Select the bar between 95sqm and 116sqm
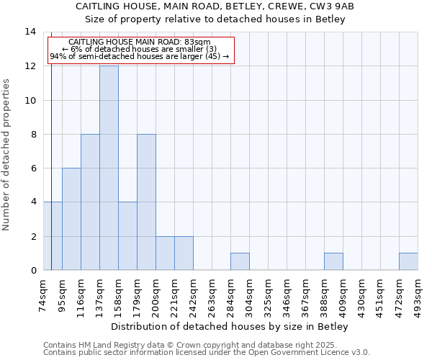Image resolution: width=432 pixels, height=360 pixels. point(71,219)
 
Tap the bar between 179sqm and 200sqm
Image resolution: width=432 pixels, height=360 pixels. point(146,202)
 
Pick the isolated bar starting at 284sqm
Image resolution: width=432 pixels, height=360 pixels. point(240,261)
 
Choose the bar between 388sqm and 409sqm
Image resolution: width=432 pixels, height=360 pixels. point(333,261)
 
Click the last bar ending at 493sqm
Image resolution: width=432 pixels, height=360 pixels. point(408,261)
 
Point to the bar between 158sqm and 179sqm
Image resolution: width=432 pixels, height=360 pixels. point(127,236)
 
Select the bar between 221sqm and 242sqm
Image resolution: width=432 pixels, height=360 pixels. point(184,253)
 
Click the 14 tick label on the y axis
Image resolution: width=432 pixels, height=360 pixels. point(30,32)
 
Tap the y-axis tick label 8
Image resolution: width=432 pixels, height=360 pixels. point(32,134)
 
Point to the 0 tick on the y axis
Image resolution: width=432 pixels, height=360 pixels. point(32,270)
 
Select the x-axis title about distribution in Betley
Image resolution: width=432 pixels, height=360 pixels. point(230,327)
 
